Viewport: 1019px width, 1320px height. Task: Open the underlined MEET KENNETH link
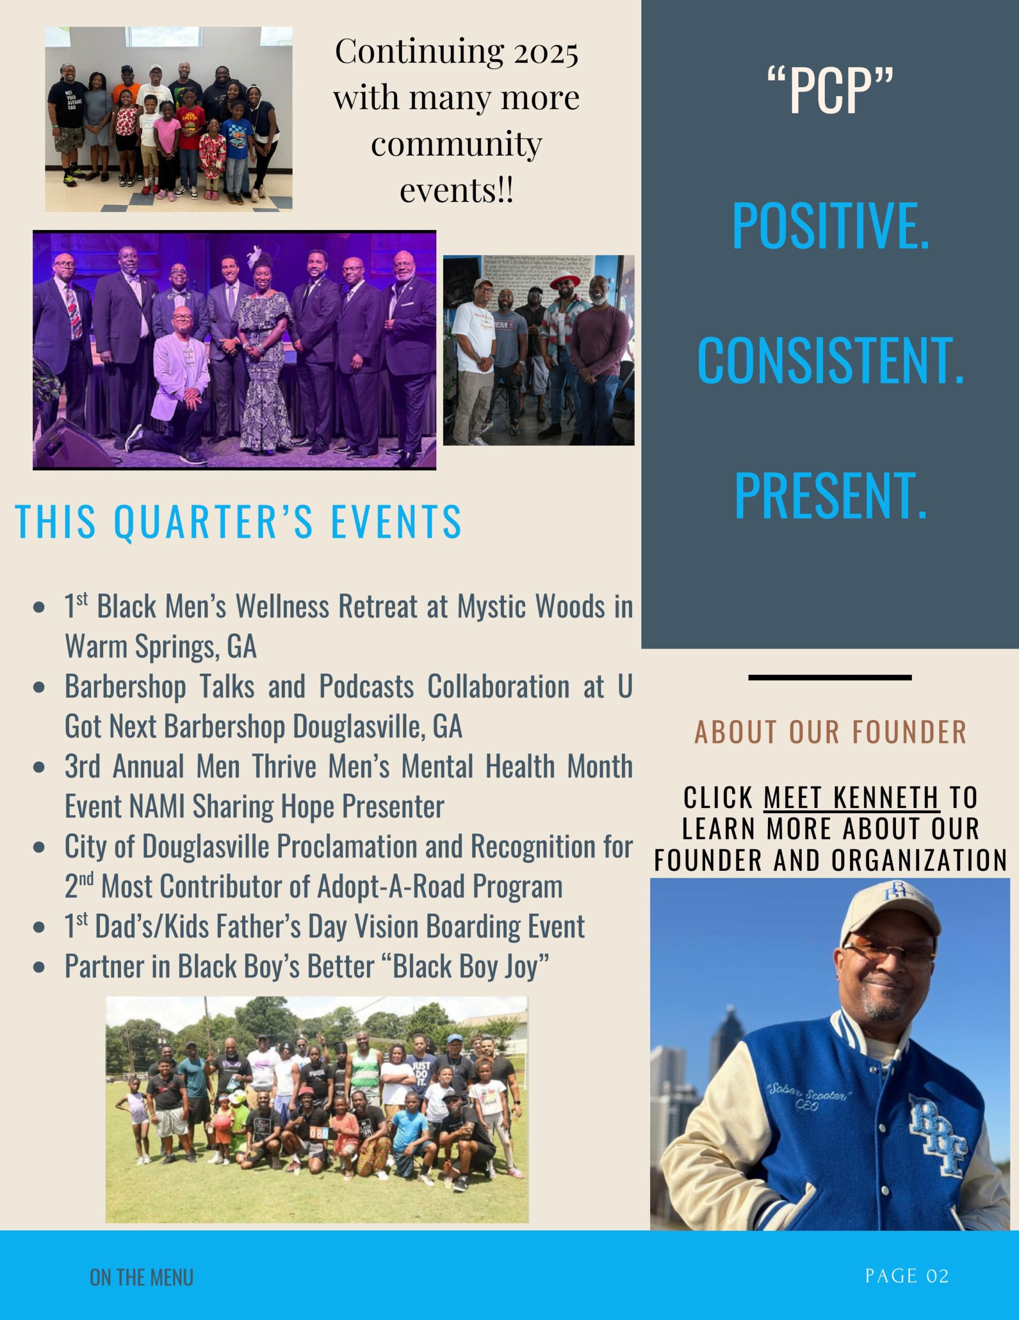[851, 798]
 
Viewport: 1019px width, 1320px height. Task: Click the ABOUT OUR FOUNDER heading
[830, 732]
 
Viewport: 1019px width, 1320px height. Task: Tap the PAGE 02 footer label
[907, 1276]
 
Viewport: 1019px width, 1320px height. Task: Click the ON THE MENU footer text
[141, 1277]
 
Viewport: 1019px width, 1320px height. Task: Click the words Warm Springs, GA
[161, 646]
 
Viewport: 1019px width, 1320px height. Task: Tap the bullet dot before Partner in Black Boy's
[40, 966]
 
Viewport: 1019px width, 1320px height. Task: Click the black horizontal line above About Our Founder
[830, 678]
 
